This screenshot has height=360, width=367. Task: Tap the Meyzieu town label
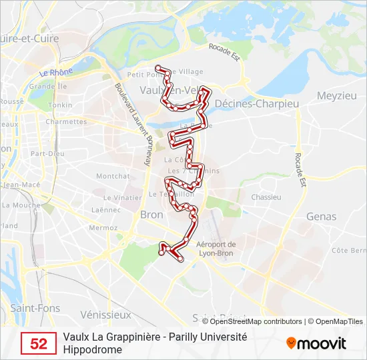click(x=336, y=95)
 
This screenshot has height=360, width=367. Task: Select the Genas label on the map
click(x=321, y=217)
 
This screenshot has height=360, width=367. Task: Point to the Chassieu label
click(x=266, y=197)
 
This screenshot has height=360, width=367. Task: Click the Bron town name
click(x=151, y=215)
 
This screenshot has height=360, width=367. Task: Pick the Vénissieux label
click(x=105, y=314)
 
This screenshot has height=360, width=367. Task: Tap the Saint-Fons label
click(x=35, y=308)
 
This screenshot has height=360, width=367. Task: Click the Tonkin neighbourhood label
click(x=60, y=105)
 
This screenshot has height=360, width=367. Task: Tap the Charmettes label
click(x=66, y=122)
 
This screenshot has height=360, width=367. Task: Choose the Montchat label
click(x=113, y=176)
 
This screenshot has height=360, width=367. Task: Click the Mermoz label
click(x=103, y=227)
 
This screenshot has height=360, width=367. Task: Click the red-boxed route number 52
click(x=39, y=343)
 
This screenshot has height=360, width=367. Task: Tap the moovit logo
click(x=316, y=343)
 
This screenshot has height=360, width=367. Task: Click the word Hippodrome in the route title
click(x=93, y=349)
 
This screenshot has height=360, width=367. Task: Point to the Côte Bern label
click(x=348, y=250)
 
